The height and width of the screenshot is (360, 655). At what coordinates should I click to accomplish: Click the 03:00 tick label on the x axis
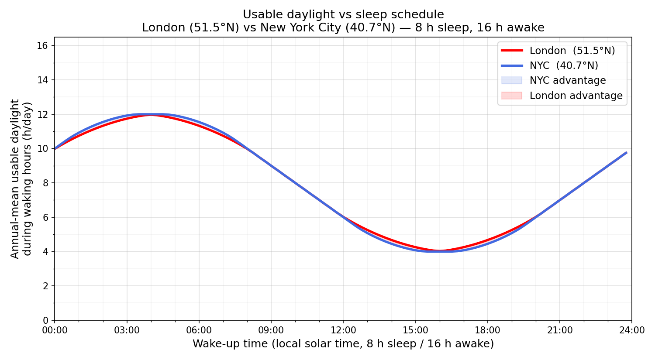click(127, 330)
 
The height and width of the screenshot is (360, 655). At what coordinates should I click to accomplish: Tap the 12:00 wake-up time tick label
click(343, 330)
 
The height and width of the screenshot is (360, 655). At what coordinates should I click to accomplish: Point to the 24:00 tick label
click(631, 330)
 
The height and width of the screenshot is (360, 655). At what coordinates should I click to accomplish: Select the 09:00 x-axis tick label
click(271, 330)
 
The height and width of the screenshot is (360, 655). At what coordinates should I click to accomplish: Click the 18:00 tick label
click(487, 330)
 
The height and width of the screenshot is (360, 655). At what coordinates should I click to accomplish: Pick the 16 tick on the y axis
click(45, 46)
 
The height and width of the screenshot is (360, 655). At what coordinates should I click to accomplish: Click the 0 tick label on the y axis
click(48, 320)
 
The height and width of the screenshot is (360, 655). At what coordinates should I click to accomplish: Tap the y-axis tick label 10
click(45, 149)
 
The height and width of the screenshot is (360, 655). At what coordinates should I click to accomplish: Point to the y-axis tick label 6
click(48, 217)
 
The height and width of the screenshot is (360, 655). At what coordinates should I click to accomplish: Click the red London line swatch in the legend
click(512, 51)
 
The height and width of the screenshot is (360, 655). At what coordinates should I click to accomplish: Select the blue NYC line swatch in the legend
click(512, 65)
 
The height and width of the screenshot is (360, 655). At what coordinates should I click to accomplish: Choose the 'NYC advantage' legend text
click(568, 80)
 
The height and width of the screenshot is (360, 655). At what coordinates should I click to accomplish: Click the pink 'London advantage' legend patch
click(512, 96)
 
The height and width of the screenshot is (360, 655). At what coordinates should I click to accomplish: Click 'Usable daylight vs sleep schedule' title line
click(343, 14)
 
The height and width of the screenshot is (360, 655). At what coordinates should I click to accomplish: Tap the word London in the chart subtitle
click(163, 27)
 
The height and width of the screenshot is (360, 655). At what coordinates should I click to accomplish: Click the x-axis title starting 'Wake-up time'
click(343, 344)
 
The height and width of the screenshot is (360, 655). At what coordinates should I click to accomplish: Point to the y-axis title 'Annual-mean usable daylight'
click(15, 179)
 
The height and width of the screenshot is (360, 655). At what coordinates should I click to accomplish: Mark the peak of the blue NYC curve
click(151, 114)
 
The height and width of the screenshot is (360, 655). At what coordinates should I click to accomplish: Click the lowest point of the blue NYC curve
click(439, 251)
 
